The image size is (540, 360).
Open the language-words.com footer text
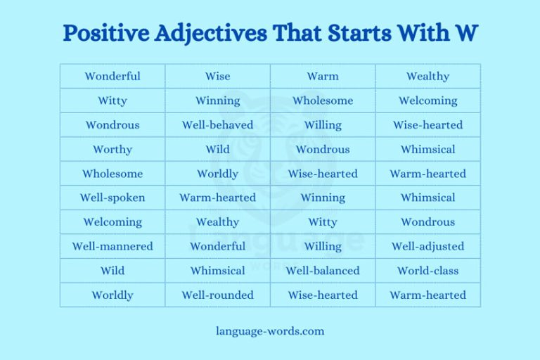click(270, 330)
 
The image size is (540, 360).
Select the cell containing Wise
click(217, 76)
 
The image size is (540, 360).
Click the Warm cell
click(323, 76)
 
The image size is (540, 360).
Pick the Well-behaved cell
click(217, 125)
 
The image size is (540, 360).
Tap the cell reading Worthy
click(112, 149)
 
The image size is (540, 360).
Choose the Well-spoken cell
click(112, 198)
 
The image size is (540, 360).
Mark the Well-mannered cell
click(112, 246)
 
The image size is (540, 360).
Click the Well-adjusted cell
click(427, 246)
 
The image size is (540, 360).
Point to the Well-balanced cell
click(323, 271)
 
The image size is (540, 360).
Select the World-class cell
click(427, 271)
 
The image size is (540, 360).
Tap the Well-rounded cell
click(217, 295)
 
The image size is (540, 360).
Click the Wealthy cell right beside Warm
click(427, 76)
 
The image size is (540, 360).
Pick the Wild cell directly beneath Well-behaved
click(217, 149)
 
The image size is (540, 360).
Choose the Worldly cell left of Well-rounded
click(112, 295)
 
